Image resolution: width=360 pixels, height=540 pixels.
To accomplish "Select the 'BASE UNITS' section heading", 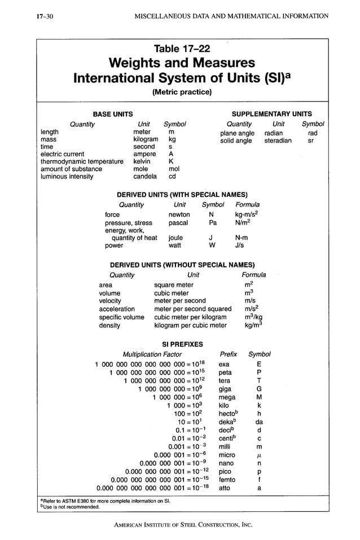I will pyautogui.click(x=113, y=113).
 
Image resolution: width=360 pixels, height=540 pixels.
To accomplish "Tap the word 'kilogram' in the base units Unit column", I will pyautogui.click(x=146, y=139).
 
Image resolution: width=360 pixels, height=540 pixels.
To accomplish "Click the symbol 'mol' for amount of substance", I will pyautogui.click(x=174, y=169).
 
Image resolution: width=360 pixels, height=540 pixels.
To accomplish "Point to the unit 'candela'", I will pyautogui.click(x=145, y=176).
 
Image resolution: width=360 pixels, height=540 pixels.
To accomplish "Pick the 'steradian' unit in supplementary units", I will pyautogui.click(x=278, y=141).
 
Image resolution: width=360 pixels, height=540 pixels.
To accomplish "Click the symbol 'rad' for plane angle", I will pyautogui.click(x=313, y=133).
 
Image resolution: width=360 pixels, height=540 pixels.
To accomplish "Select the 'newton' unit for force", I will pyautogui.click(x=179, y=214).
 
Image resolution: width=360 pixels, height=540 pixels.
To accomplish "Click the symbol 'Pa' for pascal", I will pyautogui.click(x=213, y=223).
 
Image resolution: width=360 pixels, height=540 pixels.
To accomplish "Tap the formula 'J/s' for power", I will pyautogui.click(x=240, y=245).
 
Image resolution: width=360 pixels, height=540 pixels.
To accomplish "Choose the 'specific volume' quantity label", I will pyautogui.click(x=121, y=317).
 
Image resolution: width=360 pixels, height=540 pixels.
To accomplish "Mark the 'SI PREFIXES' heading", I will pyautogui.click(x=182, y=344).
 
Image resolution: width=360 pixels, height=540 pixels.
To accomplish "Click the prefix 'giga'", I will pyautogui.click(x=225, y=389).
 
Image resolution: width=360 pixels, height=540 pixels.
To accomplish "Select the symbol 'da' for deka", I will pyautogui.click(x=259, y=422).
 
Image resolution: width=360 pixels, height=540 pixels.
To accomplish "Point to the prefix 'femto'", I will pyautogui.click(x=227, y=480).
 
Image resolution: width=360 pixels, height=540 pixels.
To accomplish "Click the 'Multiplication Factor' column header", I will pyautogui.click(x=152, y=354).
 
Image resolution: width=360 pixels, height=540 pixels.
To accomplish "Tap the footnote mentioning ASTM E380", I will pyautogui.click(x=106, y=500).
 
